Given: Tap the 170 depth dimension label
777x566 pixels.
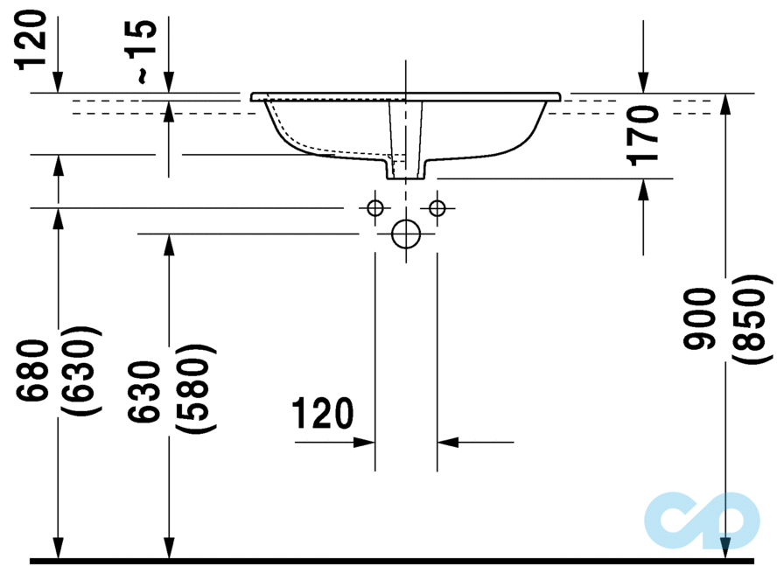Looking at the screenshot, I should [x=645, y=135].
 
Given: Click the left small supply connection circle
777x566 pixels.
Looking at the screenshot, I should [x=375, y=208].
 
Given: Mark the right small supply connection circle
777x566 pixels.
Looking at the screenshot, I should [x=437, y=208].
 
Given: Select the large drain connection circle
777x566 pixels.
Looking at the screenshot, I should [x=406, y=234].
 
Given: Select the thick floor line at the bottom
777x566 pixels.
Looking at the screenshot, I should [x=388, y=559].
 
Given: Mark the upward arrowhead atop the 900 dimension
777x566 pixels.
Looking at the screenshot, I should [x=725, y=104].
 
